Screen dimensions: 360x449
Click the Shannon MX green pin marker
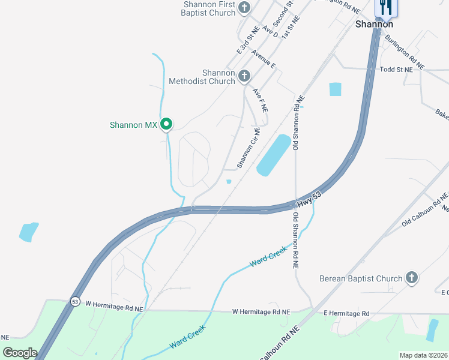166,124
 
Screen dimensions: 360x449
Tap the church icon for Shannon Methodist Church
244,76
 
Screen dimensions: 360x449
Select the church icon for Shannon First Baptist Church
244,8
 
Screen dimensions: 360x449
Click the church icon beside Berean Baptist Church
411,277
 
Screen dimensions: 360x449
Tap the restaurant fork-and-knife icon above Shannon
385,7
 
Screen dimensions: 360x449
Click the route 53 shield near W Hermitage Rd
74,301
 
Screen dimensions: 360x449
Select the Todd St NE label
396,70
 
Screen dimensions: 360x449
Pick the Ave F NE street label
260,100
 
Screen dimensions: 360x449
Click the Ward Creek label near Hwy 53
268,256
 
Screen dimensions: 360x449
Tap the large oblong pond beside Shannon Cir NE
273,155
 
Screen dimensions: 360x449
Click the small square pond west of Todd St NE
335,89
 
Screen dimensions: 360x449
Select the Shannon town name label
374,24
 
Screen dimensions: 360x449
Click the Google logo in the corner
19,353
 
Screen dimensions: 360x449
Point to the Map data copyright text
423,355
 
